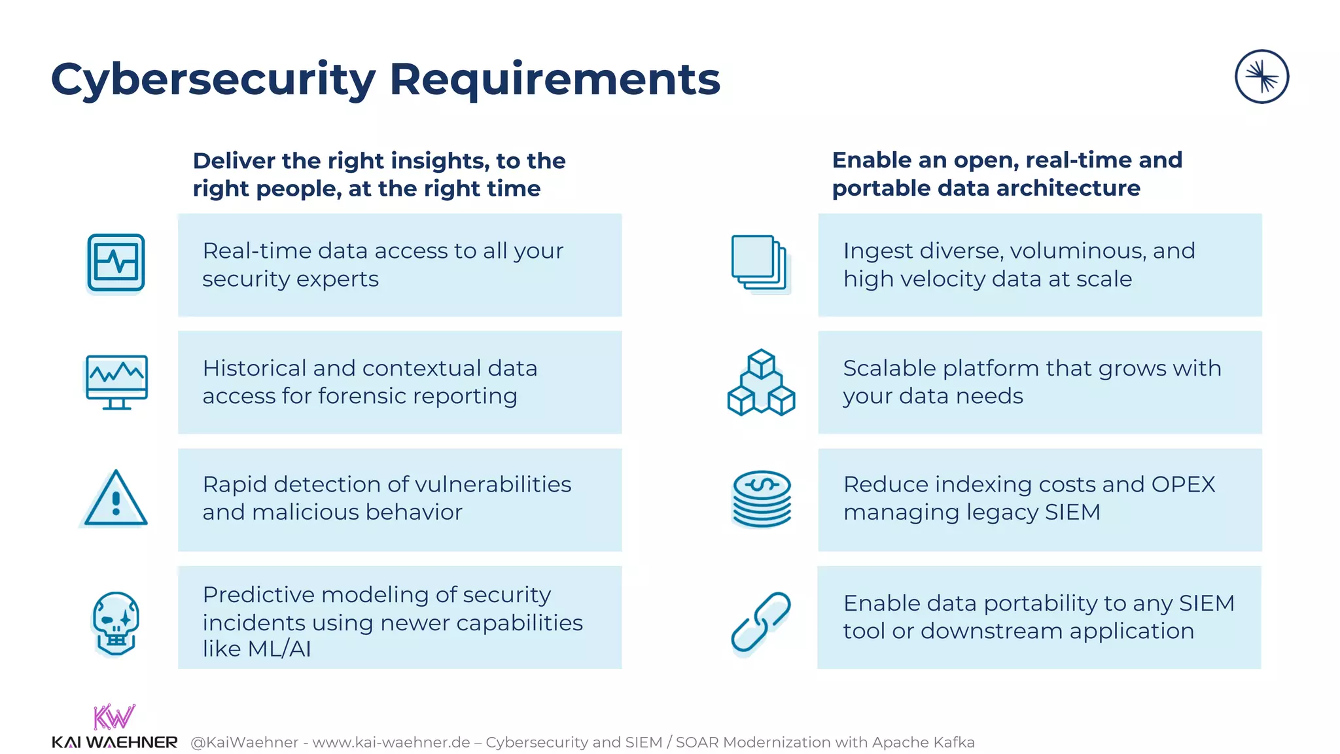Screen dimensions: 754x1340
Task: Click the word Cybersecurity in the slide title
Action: point(213,80)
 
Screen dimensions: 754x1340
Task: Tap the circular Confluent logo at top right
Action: point(1261,77)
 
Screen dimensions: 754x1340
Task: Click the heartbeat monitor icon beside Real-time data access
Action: point(116,262)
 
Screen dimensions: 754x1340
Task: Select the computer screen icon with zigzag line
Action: point(116,382)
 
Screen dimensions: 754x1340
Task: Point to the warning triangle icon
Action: point(116,499)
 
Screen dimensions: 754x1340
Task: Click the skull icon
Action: point(115,622)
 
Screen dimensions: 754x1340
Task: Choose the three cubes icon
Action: point(761,383)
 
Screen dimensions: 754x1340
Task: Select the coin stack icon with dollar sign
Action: point(761,499)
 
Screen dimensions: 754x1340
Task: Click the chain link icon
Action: point(760,622)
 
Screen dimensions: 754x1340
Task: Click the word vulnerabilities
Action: point(493,484)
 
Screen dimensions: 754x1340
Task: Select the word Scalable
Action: point(889,368)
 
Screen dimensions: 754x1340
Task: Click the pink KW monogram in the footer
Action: point(114,717)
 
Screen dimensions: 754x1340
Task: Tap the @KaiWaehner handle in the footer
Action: point(244,742)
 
